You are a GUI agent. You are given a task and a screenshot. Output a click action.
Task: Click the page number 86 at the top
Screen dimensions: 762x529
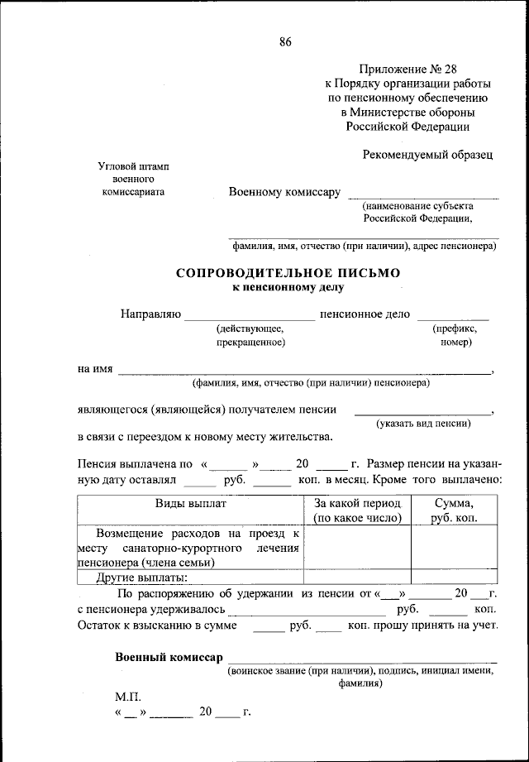pos(285,42)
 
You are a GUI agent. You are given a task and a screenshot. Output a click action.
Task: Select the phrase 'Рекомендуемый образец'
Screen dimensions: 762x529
pos(427,154)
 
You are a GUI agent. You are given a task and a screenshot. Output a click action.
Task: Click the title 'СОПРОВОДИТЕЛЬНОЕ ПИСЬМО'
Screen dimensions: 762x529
pos(287,272)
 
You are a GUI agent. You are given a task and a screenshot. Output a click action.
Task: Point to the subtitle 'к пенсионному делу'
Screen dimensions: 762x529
pos(287,288)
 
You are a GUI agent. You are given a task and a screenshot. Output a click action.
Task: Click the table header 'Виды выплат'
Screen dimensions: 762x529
pos(190,503)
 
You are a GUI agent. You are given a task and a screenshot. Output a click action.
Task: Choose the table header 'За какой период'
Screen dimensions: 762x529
pos(357,503)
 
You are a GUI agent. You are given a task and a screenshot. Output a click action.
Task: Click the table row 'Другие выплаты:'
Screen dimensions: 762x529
pos(142,577)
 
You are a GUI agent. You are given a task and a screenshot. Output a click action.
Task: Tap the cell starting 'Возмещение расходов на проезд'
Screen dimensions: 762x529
pos(190,548)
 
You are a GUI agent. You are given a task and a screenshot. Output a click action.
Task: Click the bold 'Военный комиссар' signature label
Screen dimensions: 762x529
pos(169,657)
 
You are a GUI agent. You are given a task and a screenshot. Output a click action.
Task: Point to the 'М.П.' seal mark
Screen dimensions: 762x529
pos(129,697)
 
